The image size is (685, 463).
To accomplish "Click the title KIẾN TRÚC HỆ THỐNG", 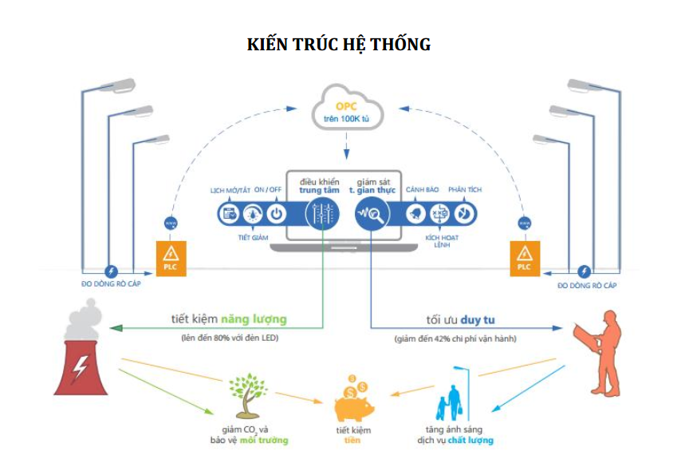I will point(339,45).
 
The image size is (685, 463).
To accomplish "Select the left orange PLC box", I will point(170,258).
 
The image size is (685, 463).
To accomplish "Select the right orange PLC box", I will point(523,258).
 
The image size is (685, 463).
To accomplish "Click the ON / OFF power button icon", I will point(275,213).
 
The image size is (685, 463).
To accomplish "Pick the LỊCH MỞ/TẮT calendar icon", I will point(229,213).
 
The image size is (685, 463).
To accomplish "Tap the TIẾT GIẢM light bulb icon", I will point(252,213).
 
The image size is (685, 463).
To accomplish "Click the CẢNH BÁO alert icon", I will point(415,213).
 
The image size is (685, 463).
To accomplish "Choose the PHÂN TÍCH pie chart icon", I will point(465,213).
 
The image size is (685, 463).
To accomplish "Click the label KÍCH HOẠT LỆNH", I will point(439,240).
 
